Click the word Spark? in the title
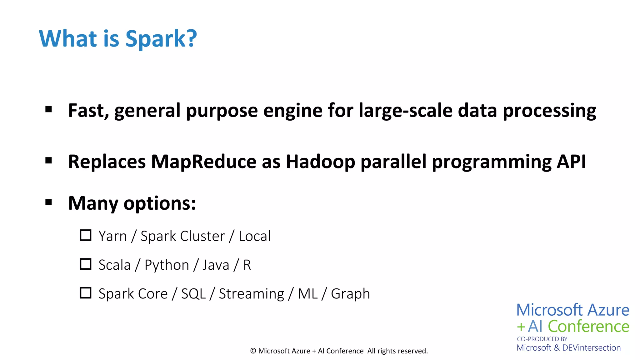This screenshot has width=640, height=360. [x=161, y=39]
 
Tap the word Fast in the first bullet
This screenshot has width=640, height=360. [x=88, y=111]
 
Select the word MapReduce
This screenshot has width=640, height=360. [x=204, y=162]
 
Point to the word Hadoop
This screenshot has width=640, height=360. [x=320, y=162]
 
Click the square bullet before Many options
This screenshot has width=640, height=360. [x=48, y=202]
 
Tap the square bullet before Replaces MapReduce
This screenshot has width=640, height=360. [x=48, y=161]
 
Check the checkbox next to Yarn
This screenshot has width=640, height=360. [x=85, y=235]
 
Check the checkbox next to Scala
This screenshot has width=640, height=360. [x=85, y=264]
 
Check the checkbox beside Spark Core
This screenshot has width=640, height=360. [x=85, y=293]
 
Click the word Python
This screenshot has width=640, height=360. [x=167, y=265]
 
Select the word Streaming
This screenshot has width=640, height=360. [x=251, y=294]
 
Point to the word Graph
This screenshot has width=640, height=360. [x=350, y=294]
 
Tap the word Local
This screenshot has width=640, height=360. [x=255, y=236]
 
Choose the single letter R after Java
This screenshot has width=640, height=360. [x=247, y=265]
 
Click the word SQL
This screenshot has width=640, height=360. [x=193, y=294]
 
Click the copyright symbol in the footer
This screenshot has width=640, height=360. [x=253, y=351]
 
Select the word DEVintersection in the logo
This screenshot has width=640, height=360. [x=591, y=348]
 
